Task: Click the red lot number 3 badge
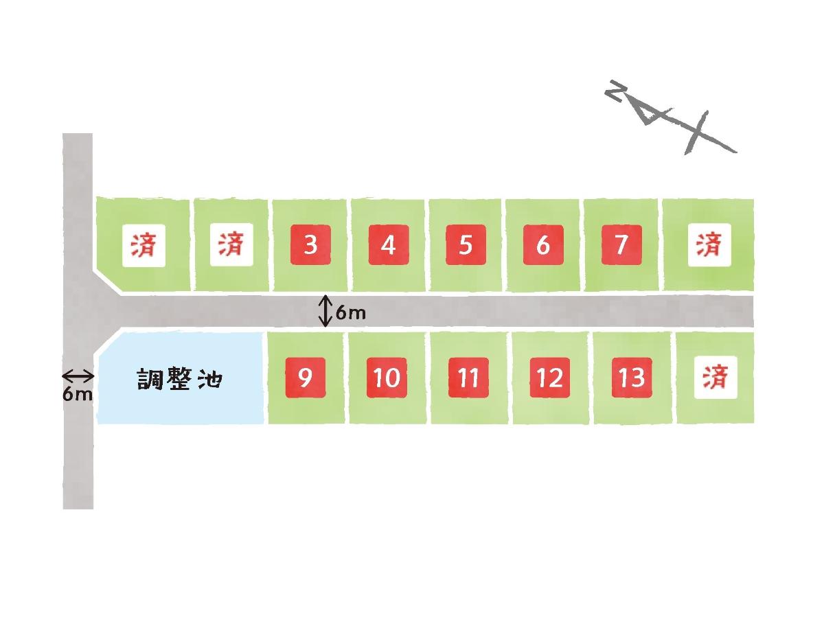(310, 244)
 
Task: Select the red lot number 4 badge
(389, 244)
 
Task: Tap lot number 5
(466, 244)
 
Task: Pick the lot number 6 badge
(543, 244)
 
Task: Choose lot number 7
(621, 244)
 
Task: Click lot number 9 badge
(306, 377)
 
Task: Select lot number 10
(387, 377)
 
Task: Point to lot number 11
(468, 377)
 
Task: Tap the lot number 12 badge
(550, 377)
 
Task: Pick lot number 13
(632, 377)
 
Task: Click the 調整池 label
(179, 379)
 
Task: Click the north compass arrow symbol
(670, 117)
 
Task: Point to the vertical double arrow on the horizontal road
(325, 311)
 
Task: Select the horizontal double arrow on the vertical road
(78, 376)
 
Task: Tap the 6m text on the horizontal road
(351, 313)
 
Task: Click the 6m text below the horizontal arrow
(78, 395)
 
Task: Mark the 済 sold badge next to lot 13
(716, 377)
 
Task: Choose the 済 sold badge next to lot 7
(709, 245)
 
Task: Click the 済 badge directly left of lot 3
(231, 244)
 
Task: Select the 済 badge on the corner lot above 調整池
(144, 245)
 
